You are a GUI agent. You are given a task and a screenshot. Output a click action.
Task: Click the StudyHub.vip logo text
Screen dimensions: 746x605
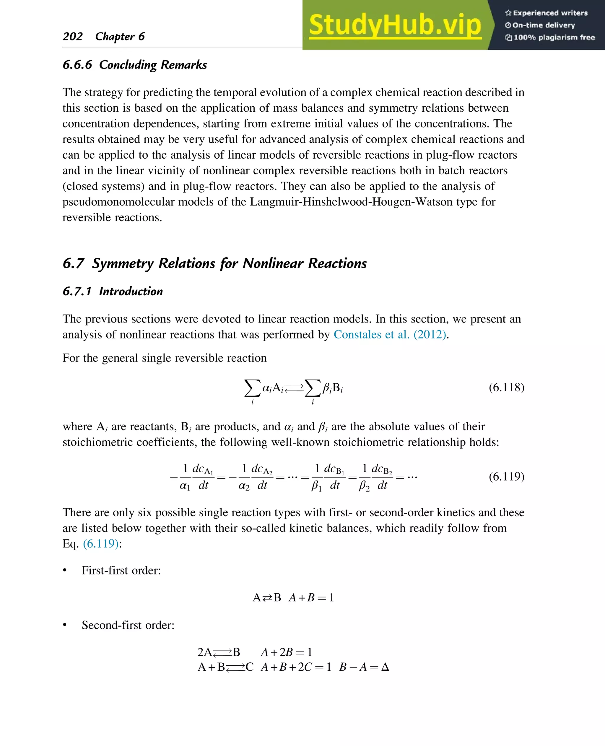(x=395, y=25)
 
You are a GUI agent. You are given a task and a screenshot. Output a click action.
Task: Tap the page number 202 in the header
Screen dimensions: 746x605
(x=72, y=36)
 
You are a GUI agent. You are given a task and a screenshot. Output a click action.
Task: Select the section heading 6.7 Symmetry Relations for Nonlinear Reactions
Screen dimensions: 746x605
(x=214, y=263)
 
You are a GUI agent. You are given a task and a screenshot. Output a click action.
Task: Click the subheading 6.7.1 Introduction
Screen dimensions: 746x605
(x=113, y=291)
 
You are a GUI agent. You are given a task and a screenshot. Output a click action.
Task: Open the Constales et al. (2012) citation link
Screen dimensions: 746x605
(x=390, y=335)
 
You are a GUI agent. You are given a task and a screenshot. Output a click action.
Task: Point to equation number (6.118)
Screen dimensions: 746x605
(x=506, y=387)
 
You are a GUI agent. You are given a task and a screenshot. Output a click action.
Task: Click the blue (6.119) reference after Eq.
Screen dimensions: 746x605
(x=101, y=544)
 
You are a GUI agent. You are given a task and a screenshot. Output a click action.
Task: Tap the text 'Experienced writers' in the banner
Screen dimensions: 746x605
(x=550, y=13)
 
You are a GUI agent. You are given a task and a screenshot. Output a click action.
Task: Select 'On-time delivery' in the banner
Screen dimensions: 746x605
(x=543, y=25)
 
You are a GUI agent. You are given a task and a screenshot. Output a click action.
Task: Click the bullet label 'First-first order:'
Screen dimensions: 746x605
(x=121, y=570)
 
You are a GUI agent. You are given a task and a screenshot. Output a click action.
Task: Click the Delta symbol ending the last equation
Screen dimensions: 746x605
(x=385, y=667)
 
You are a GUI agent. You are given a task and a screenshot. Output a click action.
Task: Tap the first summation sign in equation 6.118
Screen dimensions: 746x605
(x=252, y=388)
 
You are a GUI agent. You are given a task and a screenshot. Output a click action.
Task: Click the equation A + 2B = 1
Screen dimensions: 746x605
(x=286, y=652)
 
